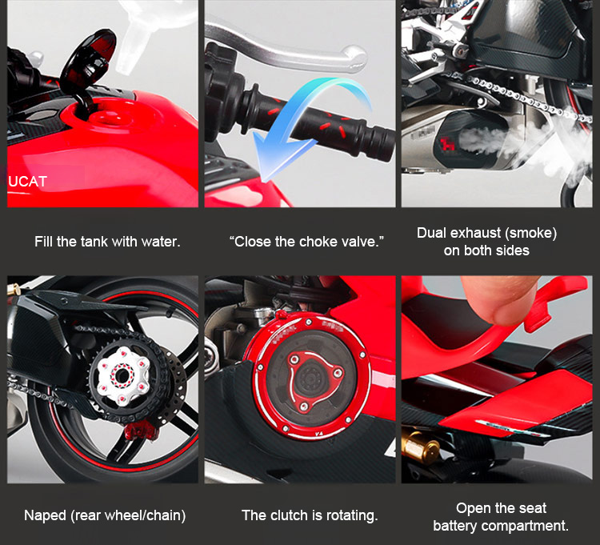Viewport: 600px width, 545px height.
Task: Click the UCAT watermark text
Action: pos(27,182)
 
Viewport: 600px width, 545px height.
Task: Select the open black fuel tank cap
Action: pos(89,62)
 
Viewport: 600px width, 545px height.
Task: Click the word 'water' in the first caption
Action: pos(160,242)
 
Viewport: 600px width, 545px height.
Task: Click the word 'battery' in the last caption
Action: pos(455,526)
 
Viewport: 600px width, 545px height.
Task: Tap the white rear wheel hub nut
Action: pos(122,376)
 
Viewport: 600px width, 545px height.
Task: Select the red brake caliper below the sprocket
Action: pos(140,431)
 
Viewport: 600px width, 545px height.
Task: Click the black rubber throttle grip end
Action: pos(377,142)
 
